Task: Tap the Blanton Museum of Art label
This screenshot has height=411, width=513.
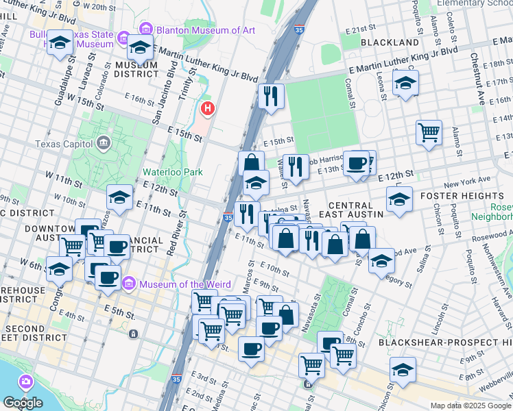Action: click(x=205, y=29)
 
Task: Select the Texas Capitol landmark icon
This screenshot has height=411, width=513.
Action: click(x=103, y=143)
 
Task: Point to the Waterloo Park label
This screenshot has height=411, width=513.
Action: click(x=172, y=172)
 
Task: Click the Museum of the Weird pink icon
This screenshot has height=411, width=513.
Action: click(x=128, y=284)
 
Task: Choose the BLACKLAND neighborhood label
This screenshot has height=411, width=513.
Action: click(x=390, y=42)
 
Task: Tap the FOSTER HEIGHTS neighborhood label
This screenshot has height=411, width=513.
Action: click(x=453, y=195)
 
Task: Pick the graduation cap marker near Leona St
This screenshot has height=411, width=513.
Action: click(x=405, y=84)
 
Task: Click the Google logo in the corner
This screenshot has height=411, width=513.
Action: click(x=23, y=403)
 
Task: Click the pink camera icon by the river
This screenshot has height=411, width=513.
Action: click(x=25, y=380)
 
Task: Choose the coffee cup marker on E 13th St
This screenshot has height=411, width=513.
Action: click(x=356, y=163)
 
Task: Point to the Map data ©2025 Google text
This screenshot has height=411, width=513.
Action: click(x=470, y=406)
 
